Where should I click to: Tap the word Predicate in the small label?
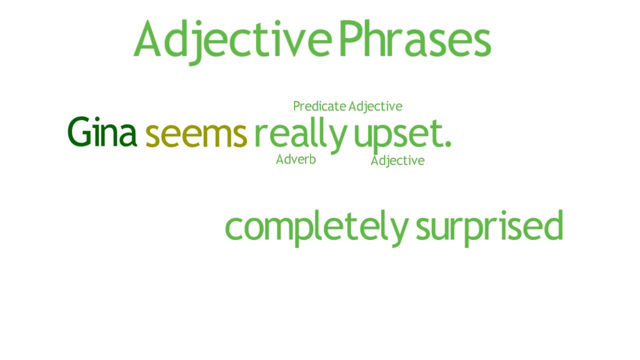(x=319, y=106)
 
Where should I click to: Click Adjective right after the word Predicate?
(x=375, y=106)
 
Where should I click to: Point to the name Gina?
(x=102, y=133)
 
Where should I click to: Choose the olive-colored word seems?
(x=196, y=135)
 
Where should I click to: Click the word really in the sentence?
(x=300, y=134)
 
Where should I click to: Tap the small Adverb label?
(x=295, y=159)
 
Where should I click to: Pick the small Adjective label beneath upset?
(x=397, y=161)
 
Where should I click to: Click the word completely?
(x=316, y=227)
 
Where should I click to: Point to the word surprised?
(x=489, y=227)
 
